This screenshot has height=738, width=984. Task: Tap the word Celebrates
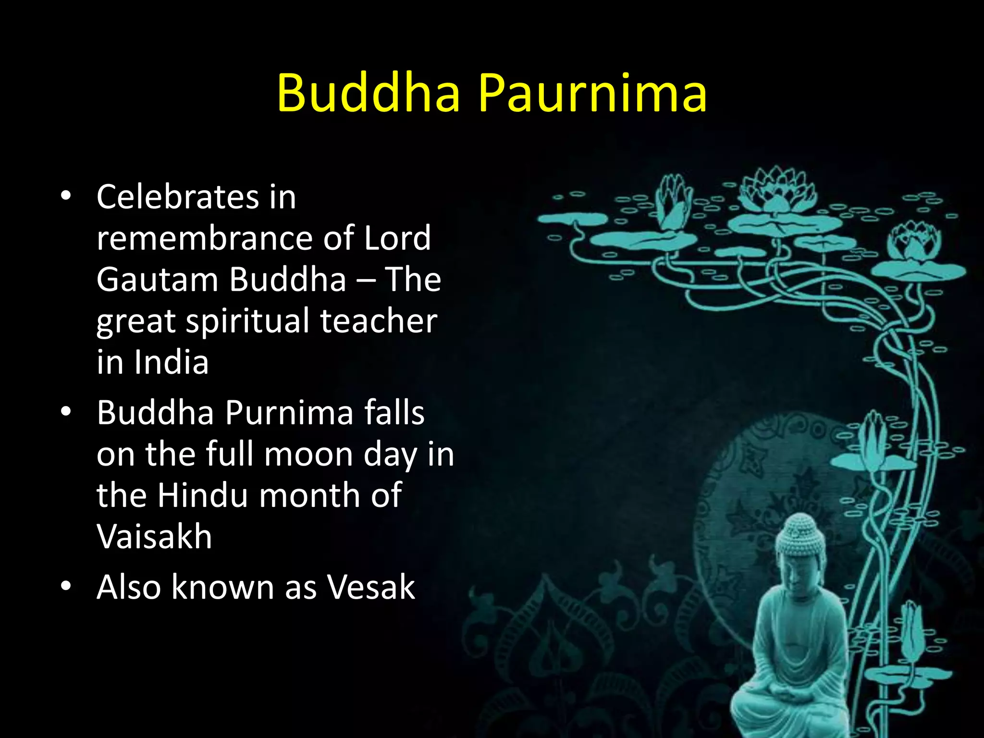(x=177, y=197)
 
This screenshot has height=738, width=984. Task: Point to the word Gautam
(x=157, y=280)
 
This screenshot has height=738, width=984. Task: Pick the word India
(x=171, y=362)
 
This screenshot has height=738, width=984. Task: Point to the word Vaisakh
(x=154, y=537)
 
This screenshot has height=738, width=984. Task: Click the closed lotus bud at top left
(x=673, y=202)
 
